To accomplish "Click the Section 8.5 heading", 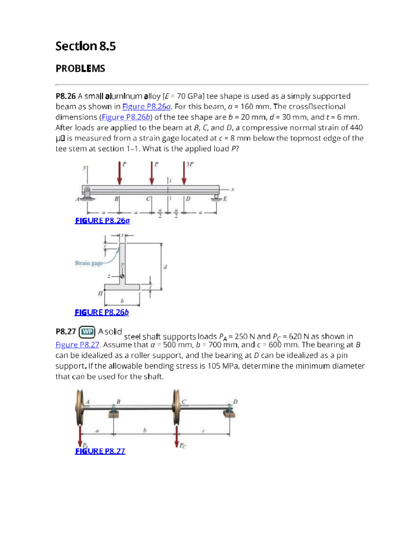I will coord(85,46).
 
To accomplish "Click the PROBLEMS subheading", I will coord(80,69).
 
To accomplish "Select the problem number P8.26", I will coord(65,96).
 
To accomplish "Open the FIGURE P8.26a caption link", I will coord(102,221).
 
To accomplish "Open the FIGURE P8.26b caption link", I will coord(102,312).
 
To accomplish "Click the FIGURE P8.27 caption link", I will coord(100,451).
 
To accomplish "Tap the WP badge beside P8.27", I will coord(87,332).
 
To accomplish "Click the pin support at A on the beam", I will coord(87,193).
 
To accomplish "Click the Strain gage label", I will coord(88,263).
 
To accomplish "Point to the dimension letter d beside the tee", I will coord(165,267).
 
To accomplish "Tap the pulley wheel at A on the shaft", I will coord(80,408).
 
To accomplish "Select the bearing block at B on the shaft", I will coord(113,411).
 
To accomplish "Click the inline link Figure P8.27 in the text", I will coord(77,345).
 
